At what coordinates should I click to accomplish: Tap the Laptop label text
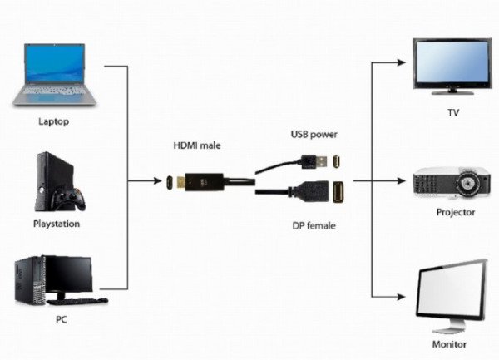[54, 121]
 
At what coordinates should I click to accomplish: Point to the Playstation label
[56, 224]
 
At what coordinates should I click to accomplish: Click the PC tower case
[30, 279]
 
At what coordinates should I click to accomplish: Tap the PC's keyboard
[88, 300]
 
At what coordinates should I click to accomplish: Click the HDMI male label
[197, 145]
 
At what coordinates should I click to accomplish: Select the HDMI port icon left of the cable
[167, 180]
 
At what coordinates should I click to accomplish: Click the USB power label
[314, 133]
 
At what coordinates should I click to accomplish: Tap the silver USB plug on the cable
[310, 159]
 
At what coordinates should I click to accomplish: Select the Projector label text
[456, 212]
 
